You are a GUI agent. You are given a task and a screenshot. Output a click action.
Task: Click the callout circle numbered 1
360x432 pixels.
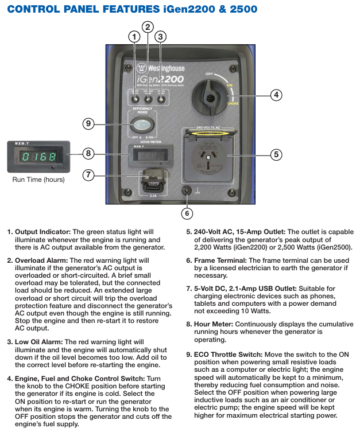(134, 36)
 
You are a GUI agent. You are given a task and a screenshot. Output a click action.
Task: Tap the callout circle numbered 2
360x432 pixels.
(148, 26)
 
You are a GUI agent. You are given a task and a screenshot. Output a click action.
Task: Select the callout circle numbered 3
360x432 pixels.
(161, 36)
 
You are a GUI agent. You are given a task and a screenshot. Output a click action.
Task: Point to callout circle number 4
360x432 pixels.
(276, 95)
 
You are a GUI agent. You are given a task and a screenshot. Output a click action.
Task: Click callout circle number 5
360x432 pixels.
(276, 154)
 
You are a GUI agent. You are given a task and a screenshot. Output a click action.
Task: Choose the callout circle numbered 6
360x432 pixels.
(187, 213)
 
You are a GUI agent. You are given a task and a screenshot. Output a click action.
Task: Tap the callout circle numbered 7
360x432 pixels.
(88, 175)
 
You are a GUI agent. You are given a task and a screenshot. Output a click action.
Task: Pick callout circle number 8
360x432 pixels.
(88, 153)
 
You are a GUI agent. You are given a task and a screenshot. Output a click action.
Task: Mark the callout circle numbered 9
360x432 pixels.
(88, 123)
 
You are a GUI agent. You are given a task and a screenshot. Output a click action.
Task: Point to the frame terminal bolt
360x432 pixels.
(186, 190)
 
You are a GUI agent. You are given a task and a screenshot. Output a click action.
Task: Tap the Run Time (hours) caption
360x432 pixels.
(38, 180)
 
